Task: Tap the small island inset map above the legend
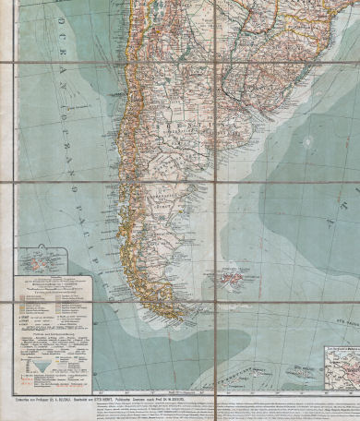(x=40, y=258)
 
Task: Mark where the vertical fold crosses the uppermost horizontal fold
(x=214, y=63)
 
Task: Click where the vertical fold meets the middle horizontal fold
(x=215, y=183)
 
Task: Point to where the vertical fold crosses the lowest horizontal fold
(x=215, y=303)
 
